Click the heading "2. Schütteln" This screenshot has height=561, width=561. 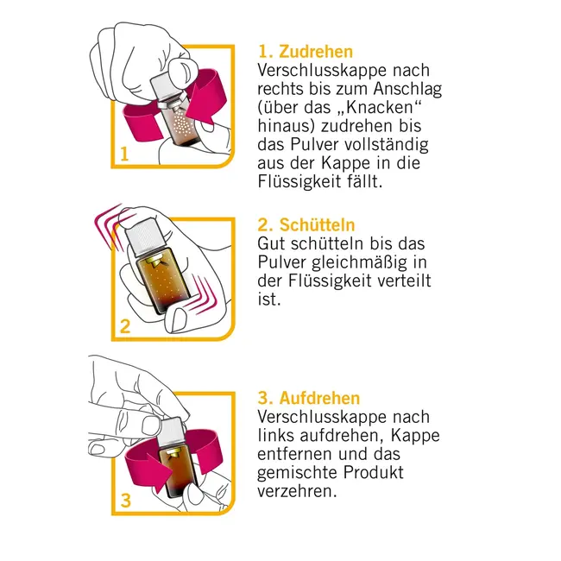tap(307, 226)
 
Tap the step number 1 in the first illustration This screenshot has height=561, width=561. tap(124, 154)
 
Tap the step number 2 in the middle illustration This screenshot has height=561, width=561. tap(125, 326)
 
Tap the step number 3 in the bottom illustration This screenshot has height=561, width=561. tap(125, 499)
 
